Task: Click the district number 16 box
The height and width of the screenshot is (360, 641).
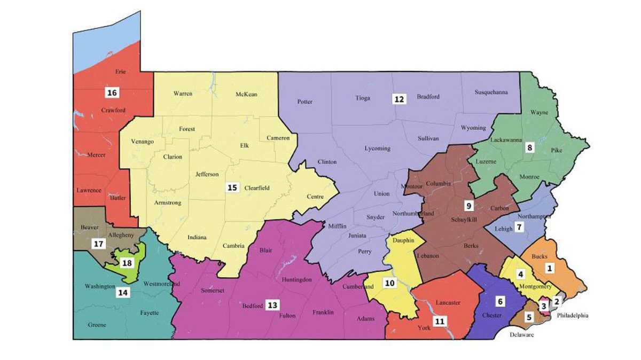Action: click(x=112, y=93)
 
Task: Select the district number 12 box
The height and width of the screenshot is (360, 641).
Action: click(x=399, y=99)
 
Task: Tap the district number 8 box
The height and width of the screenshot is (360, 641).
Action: click(x=529, y=147)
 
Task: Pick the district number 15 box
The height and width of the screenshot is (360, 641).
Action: click(x=232, y=187)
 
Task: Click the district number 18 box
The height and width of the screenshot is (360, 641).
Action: click(x=127, y=263)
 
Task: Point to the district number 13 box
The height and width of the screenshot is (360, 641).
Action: click(x=272, y=305)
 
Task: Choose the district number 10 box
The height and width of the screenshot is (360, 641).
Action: click(x=390, y=283)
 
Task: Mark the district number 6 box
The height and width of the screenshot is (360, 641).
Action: click(x=500, y=301)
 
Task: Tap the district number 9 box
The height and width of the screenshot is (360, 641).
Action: click(x=468, y=205)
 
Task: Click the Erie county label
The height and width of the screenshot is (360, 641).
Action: click(x=120, y=72)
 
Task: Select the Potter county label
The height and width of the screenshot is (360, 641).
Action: click(x=304, y=101)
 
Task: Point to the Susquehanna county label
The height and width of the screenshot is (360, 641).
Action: click(x=491, y=92)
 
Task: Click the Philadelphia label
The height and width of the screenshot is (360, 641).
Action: click(x=572, y=316)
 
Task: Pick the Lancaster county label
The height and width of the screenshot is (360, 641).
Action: click(x=448, y=303)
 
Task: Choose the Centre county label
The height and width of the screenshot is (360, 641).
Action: click(x=315, y=197)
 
